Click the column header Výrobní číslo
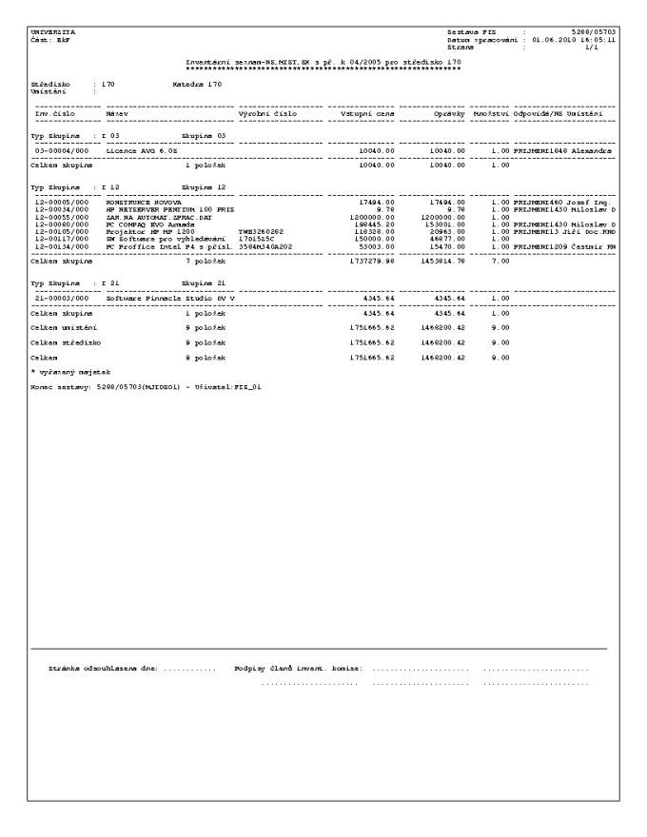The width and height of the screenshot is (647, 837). (267, 113)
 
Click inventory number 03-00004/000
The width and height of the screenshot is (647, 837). (61, 150)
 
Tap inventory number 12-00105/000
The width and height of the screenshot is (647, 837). (61, 230)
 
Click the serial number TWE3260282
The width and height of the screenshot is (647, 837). (261, 230)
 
